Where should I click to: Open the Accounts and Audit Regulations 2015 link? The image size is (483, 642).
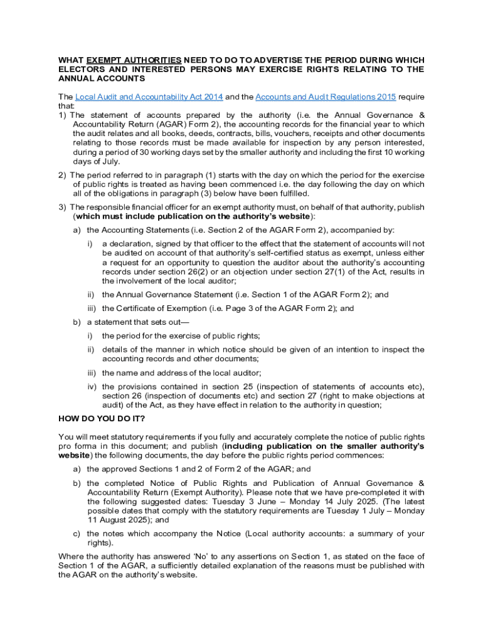325,97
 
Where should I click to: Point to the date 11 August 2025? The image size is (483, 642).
120,520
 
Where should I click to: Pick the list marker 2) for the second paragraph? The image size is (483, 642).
62,175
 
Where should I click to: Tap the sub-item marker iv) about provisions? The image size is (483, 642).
92,386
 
